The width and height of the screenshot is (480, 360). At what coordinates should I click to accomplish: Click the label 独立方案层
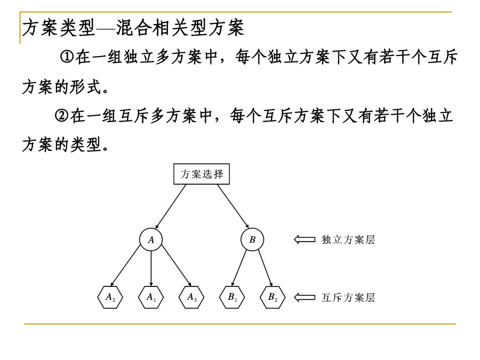coord(348,239)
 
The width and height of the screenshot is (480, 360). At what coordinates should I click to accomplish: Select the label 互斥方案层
coord(348,297)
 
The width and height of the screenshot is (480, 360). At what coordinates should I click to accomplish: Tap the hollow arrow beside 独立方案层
coord(305,239)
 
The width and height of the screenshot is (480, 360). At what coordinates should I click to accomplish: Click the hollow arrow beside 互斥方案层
coord(305,297)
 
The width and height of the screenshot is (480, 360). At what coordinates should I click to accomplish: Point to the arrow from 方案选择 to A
coord(171,206)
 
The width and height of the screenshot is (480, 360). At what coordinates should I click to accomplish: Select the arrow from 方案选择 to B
coord(233,206)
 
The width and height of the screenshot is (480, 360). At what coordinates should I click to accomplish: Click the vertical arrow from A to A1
coord(151,268)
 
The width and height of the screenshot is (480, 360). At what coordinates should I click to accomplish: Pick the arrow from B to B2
coord(265,268)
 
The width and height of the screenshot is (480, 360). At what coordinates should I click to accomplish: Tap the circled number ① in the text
coord(67,57)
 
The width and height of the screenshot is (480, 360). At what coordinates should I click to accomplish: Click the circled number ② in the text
coord(61,116)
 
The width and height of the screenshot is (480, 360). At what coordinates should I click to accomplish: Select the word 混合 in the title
coord(134,28)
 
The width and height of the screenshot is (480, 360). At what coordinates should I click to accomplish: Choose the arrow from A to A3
coord(177,266)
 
